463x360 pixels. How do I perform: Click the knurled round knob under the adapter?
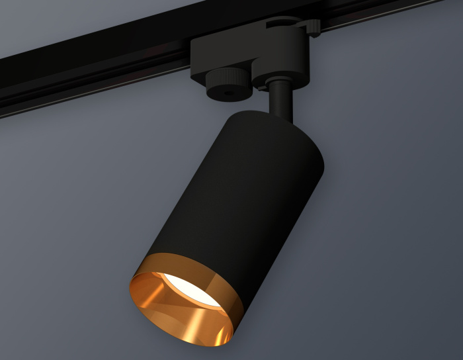point(228,85)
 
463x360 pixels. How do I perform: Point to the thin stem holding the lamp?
point(280,99)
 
